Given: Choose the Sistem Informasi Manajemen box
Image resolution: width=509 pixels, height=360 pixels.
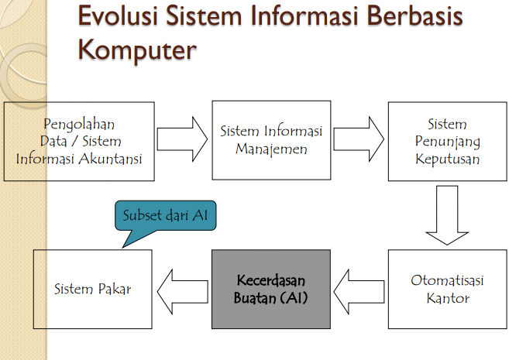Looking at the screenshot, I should [x=271, y=140].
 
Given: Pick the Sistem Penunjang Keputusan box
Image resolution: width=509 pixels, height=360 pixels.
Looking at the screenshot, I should [x=447, y=140].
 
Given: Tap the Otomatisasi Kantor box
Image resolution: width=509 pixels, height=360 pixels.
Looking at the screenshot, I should [x=447, y=289].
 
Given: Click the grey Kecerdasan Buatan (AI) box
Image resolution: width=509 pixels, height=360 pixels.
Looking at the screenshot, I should [x=271, y=289].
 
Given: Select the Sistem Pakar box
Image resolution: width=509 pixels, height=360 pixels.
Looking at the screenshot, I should [x=92, y=289].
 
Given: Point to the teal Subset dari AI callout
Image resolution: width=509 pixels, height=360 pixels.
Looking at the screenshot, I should [x=164, y=215].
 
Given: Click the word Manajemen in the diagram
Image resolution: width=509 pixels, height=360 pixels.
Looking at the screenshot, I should [x=271, y=148].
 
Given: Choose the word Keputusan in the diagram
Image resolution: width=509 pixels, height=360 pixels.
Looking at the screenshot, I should [x=447, y=159].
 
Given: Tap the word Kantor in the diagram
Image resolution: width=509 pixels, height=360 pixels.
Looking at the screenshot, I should [x=447, y=297].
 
